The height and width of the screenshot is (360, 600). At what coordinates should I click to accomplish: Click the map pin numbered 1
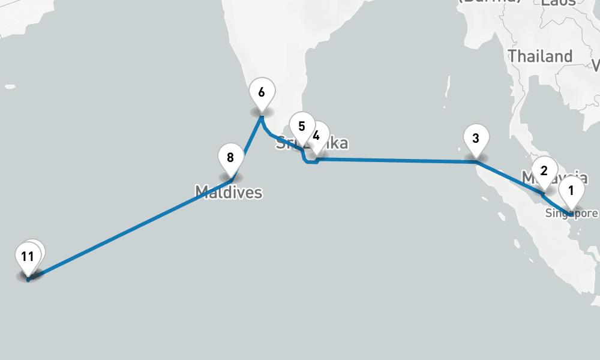(571, 191)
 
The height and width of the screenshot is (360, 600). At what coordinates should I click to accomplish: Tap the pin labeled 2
(544, 170)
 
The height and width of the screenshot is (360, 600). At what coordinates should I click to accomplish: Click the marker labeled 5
(301, 127)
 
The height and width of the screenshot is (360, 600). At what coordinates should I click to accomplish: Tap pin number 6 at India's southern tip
(262, 93)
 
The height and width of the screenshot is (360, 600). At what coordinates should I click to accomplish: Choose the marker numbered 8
(230, 158)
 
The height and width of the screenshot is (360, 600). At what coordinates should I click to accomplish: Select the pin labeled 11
(26, 257)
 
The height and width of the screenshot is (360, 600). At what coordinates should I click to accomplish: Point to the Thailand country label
(540, 56)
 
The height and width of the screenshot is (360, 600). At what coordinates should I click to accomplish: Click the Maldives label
(229, 193)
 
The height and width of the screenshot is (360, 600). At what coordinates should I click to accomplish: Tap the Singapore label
(571, 213)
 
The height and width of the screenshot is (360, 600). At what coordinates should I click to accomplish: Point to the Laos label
(558, 3)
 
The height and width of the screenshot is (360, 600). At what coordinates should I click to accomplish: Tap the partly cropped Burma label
(489, 2)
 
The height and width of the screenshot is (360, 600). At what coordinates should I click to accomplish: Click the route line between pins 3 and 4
(396, 160)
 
